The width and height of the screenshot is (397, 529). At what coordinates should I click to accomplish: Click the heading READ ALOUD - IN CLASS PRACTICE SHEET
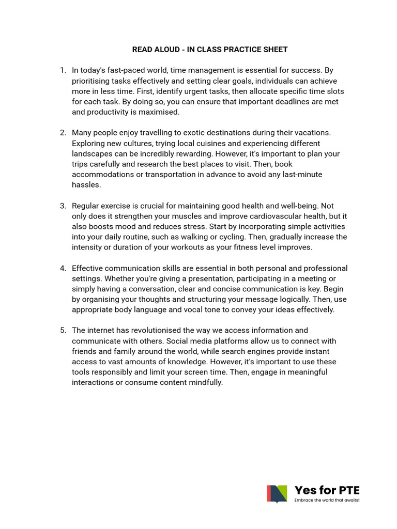210,50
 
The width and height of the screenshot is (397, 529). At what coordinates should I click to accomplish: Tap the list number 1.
63,70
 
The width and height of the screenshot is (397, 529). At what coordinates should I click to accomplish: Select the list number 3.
63,206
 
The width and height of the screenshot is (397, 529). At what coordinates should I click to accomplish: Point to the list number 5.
63,330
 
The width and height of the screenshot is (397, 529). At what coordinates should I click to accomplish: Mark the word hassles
86,185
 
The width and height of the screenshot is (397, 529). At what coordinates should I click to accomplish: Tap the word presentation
197,278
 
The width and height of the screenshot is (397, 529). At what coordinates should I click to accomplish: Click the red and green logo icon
277,494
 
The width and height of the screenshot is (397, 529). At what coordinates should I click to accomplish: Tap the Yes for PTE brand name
326,490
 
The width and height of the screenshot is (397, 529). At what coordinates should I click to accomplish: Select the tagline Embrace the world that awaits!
327,500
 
